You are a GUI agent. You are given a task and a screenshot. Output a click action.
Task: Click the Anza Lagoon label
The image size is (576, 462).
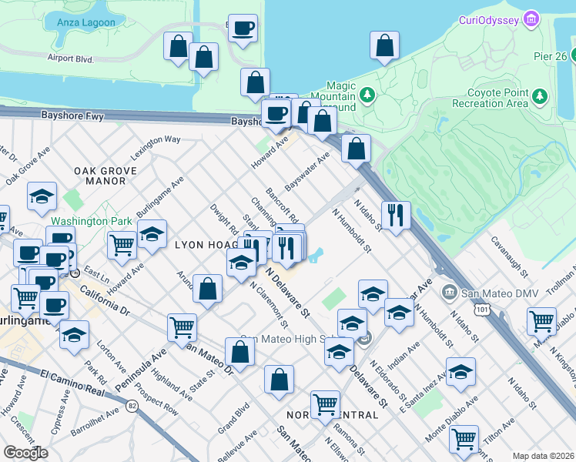[86, 22]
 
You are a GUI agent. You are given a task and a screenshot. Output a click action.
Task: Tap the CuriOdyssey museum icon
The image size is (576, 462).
[530, 18]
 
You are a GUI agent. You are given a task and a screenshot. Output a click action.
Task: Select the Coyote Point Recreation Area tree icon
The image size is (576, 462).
[540, 95]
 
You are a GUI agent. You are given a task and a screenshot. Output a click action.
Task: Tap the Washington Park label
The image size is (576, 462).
[98, 221]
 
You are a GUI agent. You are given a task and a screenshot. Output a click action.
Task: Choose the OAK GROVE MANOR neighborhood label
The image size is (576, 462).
[99, 176]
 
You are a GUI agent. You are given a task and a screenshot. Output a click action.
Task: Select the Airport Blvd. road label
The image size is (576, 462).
[70, 58]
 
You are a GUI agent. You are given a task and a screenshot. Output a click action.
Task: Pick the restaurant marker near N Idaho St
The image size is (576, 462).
[396, 215]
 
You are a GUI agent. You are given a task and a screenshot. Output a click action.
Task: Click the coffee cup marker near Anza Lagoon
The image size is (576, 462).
[243, 28]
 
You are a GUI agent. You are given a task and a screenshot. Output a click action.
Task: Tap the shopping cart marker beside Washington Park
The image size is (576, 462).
[122, 244]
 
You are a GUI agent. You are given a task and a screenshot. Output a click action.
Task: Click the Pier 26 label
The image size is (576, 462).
[550, 55]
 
